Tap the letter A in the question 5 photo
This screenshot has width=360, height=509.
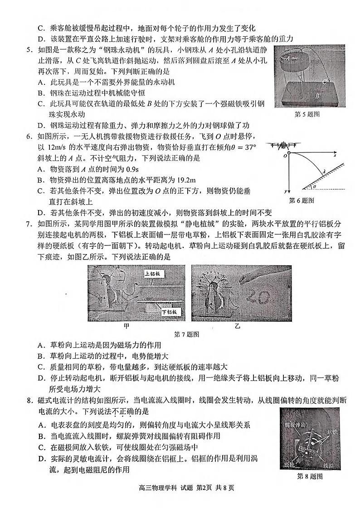tap(287, 58)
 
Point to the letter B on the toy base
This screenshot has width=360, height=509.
tap(318, 96)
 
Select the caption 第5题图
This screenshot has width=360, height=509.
tap(306, 114)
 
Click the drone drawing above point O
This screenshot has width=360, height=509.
tap(285, 146)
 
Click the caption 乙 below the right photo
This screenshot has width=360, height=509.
tap(237, 326)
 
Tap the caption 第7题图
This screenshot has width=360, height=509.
tap(187, 334)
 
